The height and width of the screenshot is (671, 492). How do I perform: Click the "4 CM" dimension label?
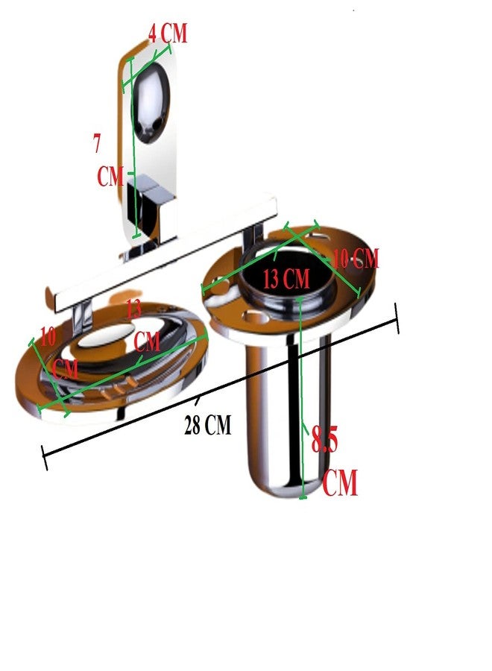[168, 33]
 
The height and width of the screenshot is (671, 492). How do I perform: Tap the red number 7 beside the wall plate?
[97, 143]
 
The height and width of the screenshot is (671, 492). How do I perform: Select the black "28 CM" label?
[207, 424]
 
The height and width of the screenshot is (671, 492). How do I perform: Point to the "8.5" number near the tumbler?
[324, 439]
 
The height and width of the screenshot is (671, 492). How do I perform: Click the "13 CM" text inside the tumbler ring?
[286, 279]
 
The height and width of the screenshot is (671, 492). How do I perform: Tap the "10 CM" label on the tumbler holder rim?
[356, 259]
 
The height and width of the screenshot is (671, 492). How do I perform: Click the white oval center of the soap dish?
[107, 335]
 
